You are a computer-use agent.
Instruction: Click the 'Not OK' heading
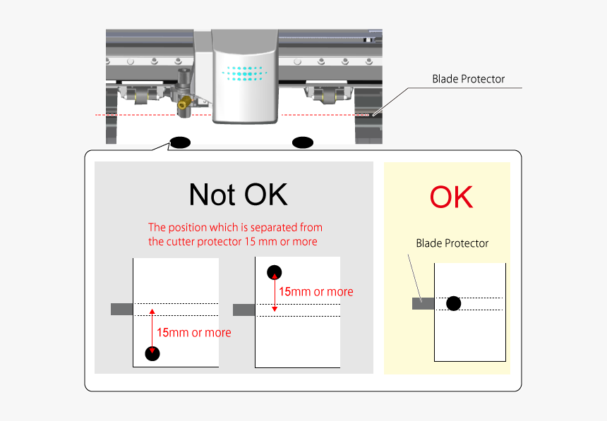(x=238, y=194)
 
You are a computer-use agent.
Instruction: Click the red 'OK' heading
(x=452, y=197)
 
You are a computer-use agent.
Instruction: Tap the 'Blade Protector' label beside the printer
(x=469, y=79)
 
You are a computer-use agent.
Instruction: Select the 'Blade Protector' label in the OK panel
(x=452, y=243)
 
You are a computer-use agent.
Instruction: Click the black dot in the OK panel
(x=453, y=303)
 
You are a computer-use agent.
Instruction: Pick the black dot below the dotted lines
(x=152, y=353)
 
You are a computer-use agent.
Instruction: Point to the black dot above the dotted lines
(x=274, y=272)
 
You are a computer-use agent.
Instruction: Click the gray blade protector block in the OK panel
(x=423, y=303)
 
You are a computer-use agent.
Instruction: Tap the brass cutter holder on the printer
(x=185, y=102)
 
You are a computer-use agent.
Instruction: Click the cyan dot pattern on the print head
(x=244, y=73)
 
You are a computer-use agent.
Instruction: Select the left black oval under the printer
(x=181, y=142)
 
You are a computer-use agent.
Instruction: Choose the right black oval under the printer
(x=302, y=142)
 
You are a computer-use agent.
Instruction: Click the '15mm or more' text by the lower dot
(x=194, y=332)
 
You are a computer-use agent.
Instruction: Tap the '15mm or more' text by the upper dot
(x=316, y=291)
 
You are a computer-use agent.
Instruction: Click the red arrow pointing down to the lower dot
(x=152, y=331)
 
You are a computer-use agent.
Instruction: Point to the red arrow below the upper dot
(x=275, y=292)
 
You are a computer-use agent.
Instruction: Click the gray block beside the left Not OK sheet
(x=122, y=309)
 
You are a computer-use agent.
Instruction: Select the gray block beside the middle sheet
(x=244, y=310)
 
